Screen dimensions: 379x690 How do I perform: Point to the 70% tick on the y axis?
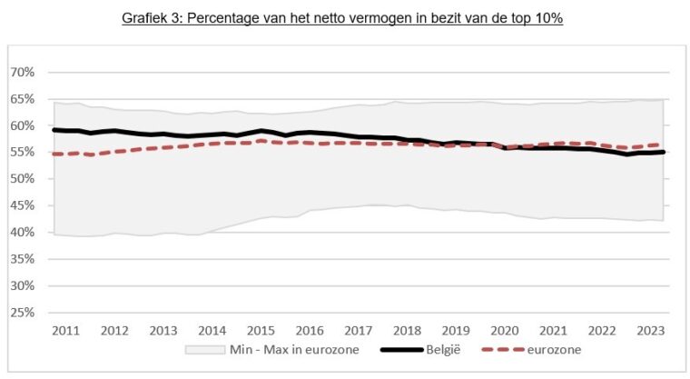(22, 72)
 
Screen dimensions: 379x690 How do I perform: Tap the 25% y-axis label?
(22, 313)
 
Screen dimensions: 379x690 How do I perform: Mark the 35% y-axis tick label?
(22, 259)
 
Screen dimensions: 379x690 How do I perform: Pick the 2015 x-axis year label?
(261, 331)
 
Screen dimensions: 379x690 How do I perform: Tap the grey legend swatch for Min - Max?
(204, 348)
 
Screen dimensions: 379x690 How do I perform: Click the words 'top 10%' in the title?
(537, 18)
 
